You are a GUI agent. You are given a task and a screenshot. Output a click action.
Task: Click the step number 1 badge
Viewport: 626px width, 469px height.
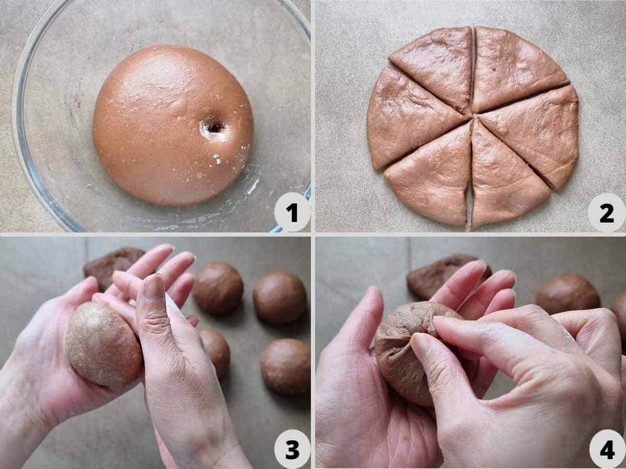(x=292, y=212)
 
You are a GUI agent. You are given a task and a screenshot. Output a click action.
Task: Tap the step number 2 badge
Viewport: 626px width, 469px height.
(x=606, y=212)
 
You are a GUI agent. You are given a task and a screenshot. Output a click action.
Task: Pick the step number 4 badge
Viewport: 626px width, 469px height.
(x=607, y=449)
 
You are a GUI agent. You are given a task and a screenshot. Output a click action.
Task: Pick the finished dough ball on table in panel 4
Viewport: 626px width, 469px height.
(x=568, y=295)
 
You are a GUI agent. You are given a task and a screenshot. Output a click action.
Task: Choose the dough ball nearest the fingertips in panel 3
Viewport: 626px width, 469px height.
(x=218, y=288)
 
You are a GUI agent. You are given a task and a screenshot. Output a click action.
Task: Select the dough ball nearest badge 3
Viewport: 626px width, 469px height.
(x=285, y=366)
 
